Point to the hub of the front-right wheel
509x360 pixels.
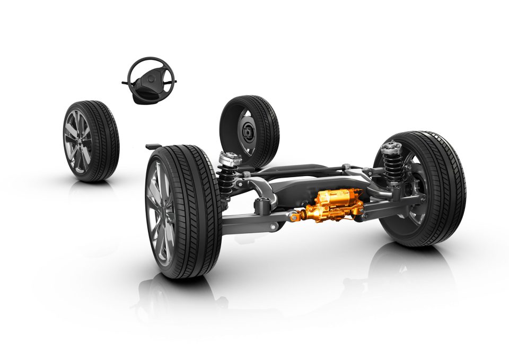pyautogui.click(x=247, y=130)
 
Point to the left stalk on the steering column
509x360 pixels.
pyautogui.click(x=126, y=83)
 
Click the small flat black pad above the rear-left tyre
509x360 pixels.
pyautogui.click(x=153, y=145)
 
